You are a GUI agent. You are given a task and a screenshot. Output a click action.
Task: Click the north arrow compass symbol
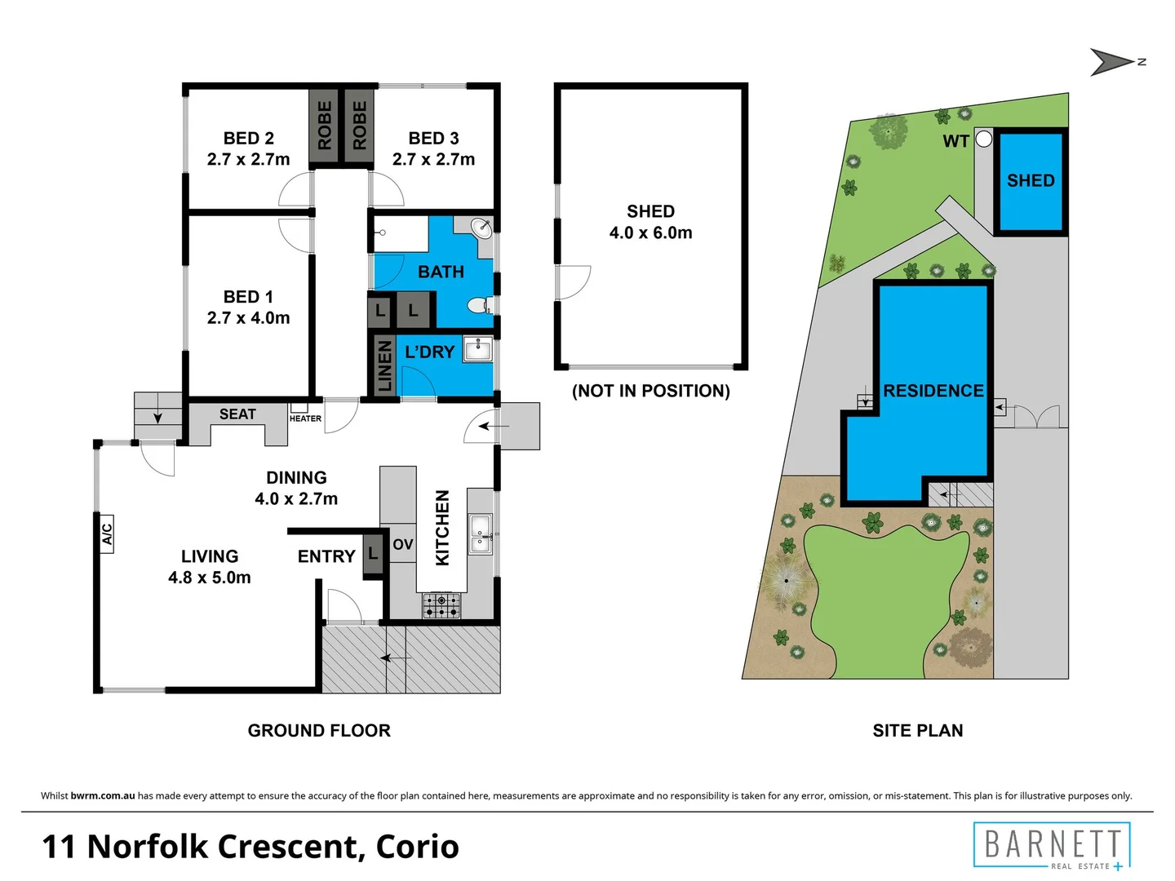tap(1113, 62)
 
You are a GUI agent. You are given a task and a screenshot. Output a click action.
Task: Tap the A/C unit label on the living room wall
tap(106, 533)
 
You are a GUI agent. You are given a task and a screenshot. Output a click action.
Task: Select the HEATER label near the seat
tap(305, 418)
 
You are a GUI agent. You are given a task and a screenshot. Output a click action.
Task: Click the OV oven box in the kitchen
tap(402, 544)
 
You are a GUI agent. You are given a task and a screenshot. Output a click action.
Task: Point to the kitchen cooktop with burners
tap(441, 605)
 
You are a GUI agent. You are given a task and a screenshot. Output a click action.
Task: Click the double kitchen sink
tap(480, 534)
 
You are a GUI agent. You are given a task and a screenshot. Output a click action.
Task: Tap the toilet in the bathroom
tap(479, 306)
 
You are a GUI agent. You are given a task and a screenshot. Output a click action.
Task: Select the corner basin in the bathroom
tap(481, 228)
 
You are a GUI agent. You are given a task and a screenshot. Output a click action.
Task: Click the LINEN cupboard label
tap(384, 365)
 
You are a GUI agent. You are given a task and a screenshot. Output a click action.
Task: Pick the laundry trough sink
tap(477, 350)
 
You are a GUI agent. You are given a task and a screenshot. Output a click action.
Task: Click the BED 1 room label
tap(248, 308)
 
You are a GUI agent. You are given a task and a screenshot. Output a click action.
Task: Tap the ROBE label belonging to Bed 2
tap(324, 125)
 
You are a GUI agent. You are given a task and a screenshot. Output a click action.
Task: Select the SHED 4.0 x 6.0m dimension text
tap(650, 232)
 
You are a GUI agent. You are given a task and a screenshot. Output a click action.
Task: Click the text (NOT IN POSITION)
tap(650, 391)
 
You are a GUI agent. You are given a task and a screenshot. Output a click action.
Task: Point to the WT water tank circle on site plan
tap(984, 139)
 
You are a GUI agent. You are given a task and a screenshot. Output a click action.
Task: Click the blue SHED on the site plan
tap(1031, 181)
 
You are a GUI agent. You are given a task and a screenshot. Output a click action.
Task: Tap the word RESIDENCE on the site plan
tap(933, 391)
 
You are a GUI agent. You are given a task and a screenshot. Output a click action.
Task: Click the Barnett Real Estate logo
tap(1052, 845)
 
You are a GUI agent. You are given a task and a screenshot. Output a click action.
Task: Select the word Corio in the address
tap(417, 846)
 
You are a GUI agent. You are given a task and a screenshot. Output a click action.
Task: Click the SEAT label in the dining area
tap(237, 414)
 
